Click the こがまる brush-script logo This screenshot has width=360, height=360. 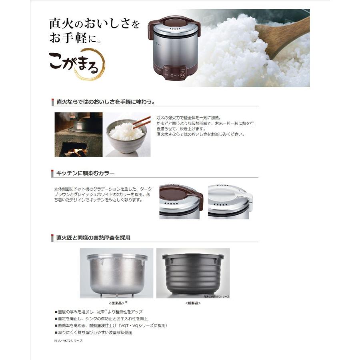(x=76, y=62)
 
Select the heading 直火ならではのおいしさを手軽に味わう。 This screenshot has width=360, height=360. (x=106, y=102)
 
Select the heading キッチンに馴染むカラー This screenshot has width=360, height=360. (x=86, y=173)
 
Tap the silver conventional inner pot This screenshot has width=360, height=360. (x=116, y=272)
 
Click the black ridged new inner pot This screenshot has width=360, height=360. (x=193, y=272)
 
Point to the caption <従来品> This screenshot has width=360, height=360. (x=116, y=303)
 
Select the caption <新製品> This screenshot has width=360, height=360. (x=193, y=303)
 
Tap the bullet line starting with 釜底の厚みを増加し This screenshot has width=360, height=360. (x=98, y=311)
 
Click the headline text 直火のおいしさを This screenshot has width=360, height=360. (x=94, y=24)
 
